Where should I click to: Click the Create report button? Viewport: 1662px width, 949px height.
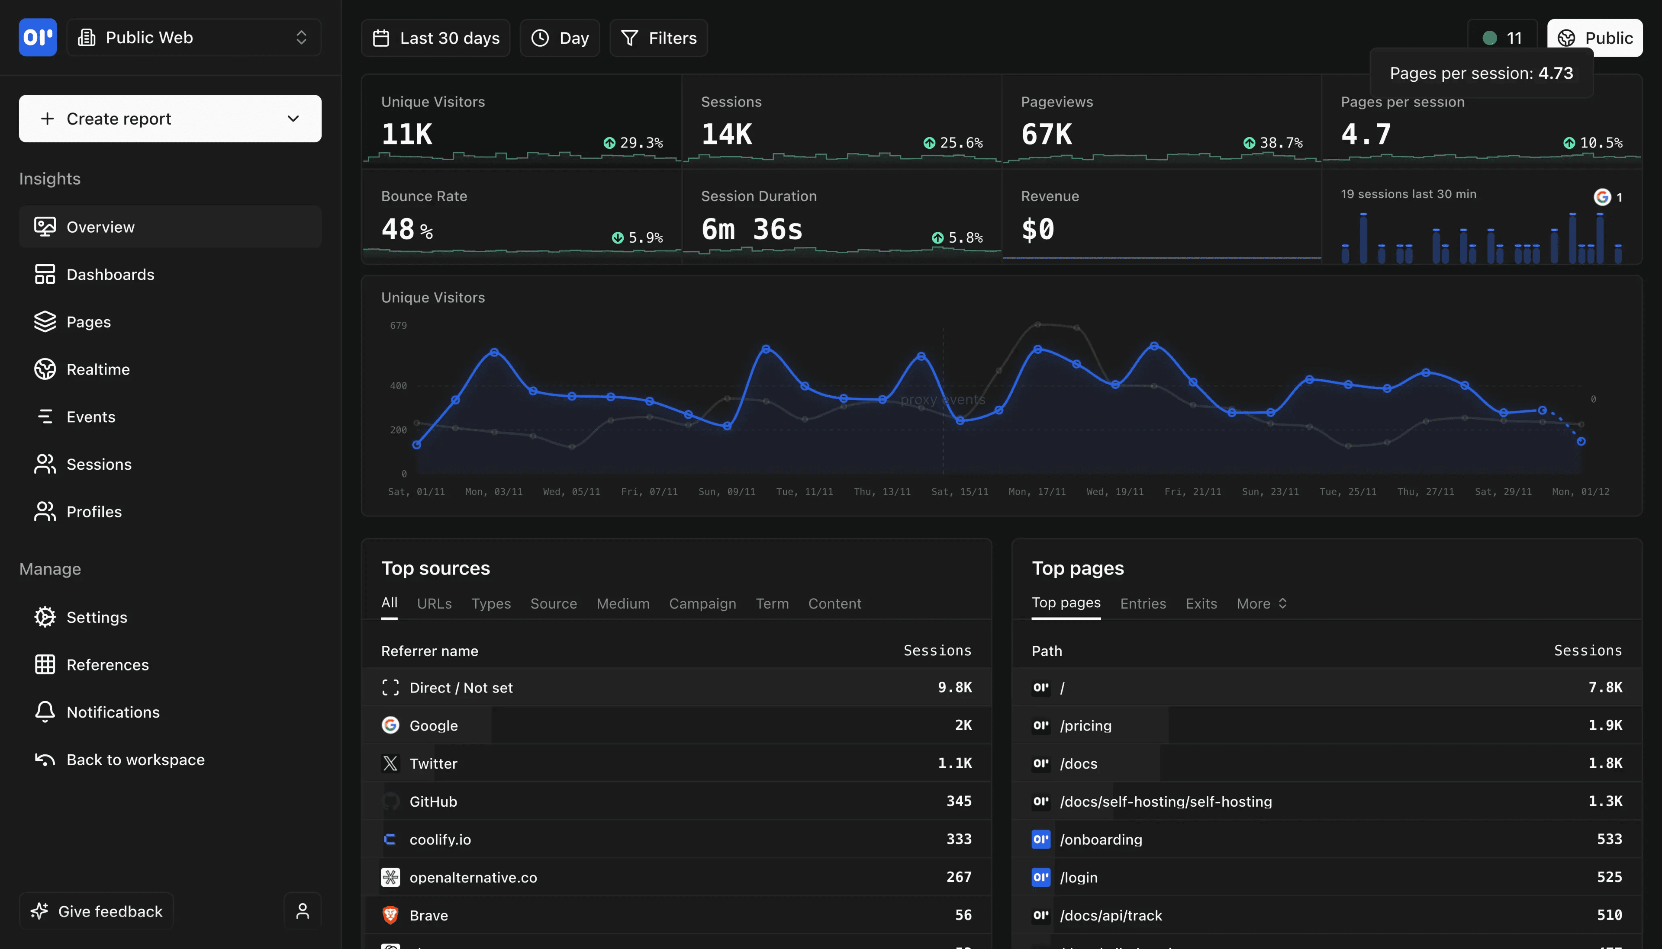point(170,119)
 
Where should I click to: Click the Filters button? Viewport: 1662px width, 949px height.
point(659,38)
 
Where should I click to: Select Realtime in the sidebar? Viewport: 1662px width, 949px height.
point(98,369)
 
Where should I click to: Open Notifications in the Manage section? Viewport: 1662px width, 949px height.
point(113,712)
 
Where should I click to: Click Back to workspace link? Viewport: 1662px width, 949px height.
point(135,760)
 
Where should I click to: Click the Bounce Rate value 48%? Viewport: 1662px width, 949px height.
point(407,229)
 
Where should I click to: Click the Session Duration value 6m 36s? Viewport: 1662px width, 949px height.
point(752,229)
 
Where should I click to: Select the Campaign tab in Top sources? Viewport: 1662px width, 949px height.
point(702,603)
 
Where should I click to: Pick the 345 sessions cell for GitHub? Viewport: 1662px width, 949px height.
point(959,801)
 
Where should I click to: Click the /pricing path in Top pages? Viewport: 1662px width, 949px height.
point(1085,725)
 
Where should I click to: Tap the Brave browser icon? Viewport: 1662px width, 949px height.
point(390,915)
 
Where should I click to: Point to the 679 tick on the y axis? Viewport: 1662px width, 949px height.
point(398,326)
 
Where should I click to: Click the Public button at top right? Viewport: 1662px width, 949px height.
point(1595,38)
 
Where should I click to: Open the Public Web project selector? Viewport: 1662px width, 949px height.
point(193,37)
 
